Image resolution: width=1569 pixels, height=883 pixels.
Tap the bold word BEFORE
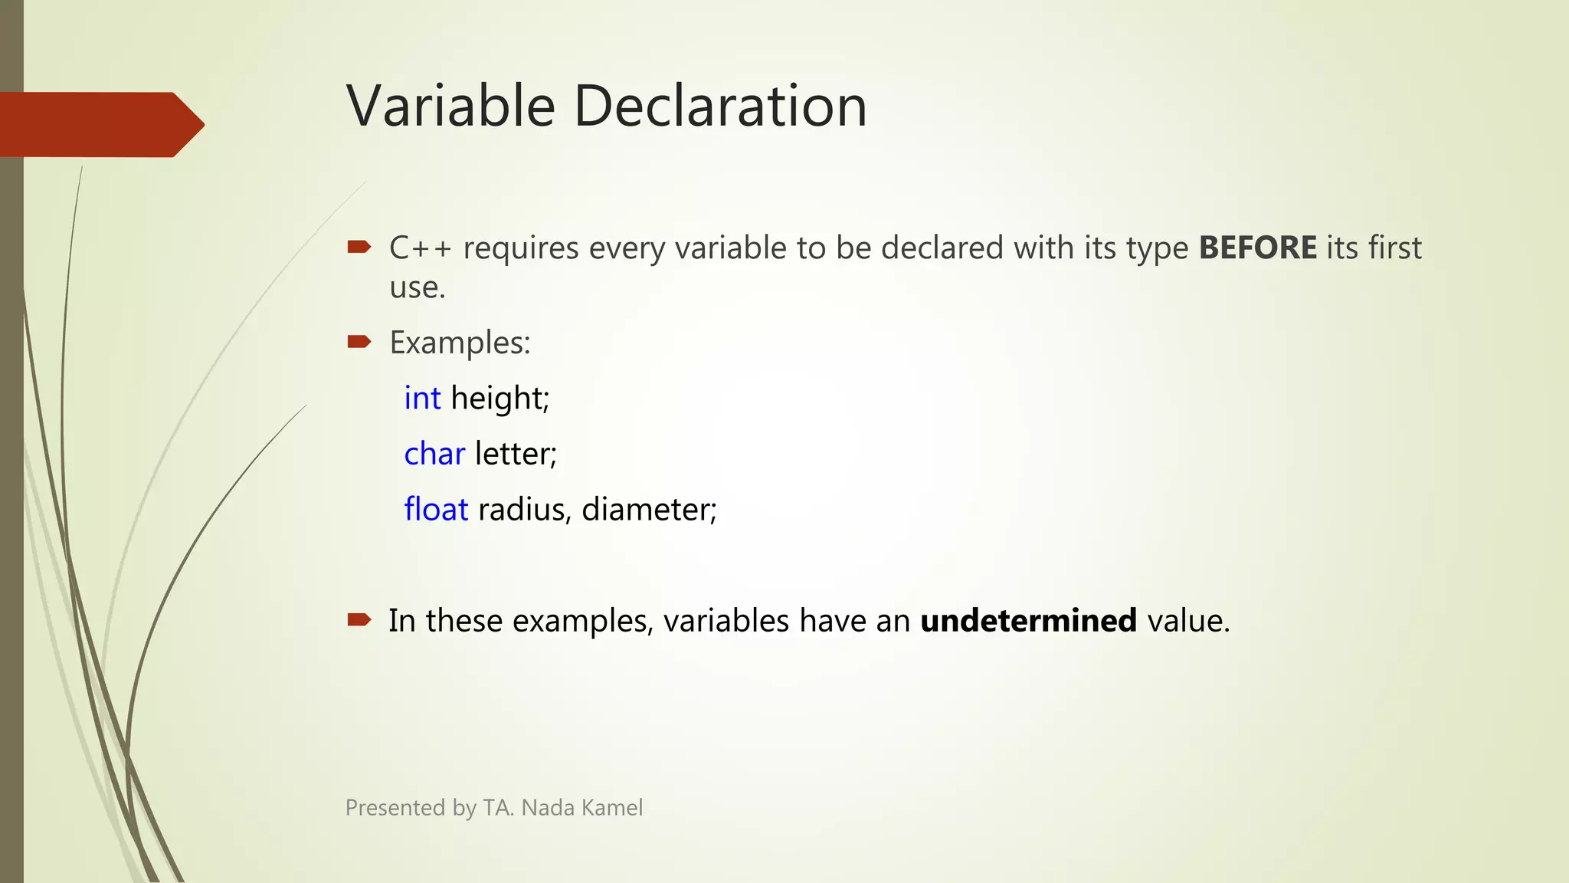pos(1257,248)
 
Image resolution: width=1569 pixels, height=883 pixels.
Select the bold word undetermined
pos(1028,620)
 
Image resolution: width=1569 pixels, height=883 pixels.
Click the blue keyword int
pos(422,399)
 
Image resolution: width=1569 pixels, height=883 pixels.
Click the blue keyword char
pos(434,454)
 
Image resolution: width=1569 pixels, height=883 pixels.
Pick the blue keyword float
pos(436,510)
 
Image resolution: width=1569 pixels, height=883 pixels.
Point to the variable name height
pos(499,399)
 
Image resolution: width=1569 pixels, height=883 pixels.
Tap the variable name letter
pos(514,454)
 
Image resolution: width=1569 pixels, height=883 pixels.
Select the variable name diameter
pos(648,510)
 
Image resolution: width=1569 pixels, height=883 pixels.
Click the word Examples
pos(459,343)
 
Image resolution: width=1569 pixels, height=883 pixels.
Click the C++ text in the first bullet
pos(420,248)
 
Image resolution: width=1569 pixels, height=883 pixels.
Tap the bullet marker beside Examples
pos(359,341)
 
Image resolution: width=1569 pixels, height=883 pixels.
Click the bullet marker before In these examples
pos(359,619)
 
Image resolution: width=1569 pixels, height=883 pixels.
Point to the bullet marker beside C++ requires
pos(359,247)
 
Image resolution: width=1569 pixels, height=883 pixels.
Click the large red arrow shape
pos(100,124)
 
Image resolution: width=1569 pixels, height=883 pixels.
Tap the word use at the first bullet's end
pos(416,288)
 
